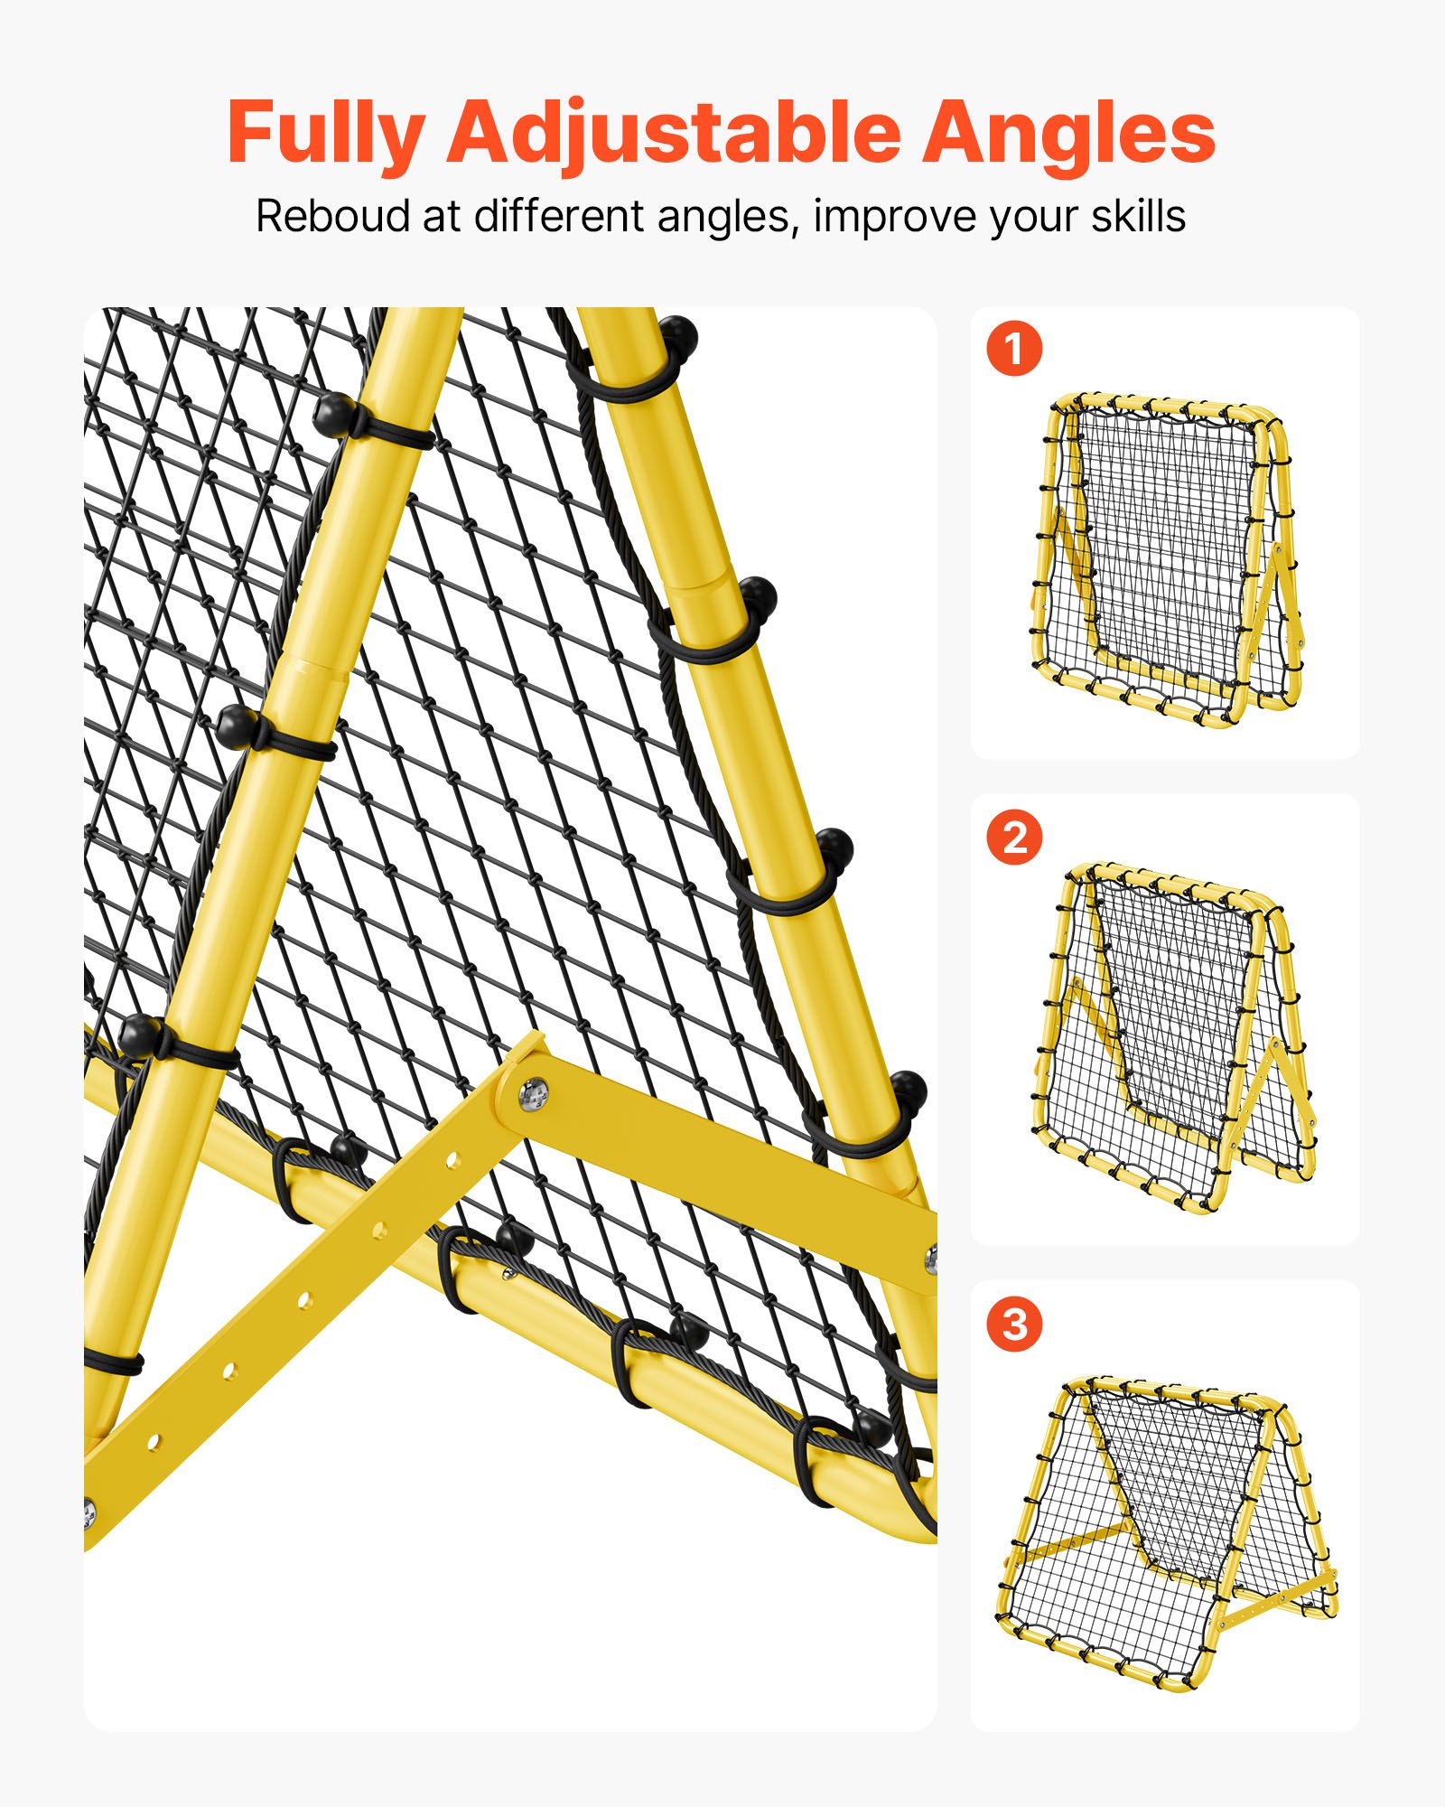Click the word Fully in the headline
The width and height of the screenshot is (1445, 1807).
(325, 134)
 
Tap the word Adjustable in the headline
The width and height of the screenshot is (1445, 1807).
(673, 134)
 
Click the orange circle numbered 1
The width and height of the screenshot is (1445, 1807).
(1014, 349)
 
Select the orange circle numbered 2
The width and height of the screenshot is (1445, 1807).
(1014, 837)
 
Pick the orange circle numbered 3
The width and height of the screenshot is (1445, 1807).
(1014, 1325)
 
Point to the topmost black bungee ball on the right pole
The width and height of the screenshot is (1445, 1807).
(676, 336)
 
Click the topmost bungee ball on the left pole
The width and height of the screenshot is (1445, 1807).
(332, 414)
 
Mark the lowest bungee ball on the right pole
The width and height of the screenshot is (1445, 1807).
(907, 1091)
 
